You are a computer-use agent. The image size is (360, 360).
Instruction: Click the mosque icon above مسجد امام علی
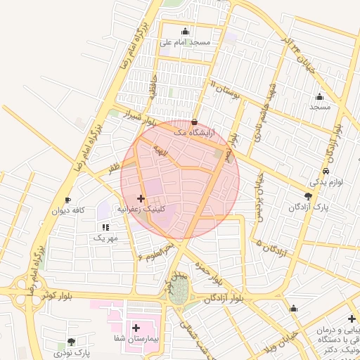(x=185, y=31)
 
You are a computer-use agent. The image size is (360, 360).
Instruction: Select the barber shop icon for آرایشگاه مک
(x=194, y=122)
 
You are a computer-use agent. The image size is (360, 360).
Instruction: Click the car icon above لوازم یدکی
(x=326, y=172)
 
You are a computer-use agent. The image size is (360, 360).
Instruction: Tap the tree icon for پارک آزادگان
(x=308, y=197)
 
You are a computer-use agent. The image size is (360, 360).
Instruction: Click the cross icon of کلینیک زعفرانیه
(x=141, y=199)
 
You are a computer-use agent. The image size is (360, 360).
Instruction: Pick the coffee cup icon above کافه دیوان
(x=67, y=200)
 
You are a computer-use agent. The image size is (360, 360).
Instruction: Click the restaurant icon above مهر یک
(x=105, y=227)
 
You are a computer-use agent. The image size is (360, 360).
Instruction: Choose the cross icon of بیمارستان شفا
(x=136, y=328)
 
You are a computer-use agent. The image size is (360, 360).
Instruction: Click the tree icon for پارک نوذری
(x=70, y=342)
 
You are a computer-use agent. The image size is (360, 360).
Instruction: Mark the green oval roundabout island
(x=178, y=290)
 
